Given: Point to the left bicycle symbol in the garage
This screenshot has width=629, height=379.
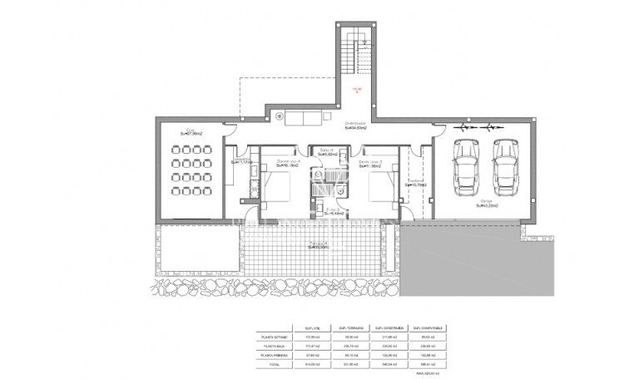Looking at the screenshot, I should coord(464,128).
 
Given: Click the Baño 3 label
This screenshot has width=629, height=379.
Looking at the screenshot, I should coord(334,212).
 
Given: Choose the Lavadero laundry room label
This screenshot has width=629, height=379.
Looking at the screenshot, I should coord(242,160).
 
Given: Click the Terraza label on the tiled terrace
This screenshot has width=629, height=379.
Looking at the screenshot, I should coord(319,245).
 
